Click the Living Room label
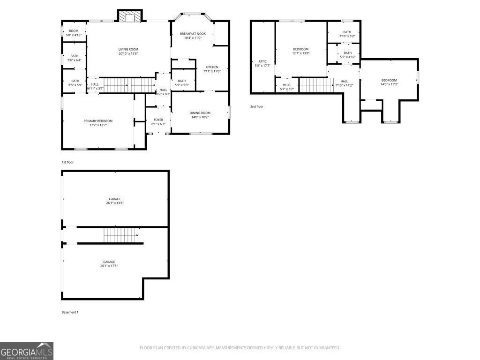coord(128,49)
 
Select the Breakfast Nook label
coord(193,34)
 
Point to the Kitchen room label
coord(211,67)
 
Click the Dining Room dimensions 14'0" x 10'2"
coord(200,117)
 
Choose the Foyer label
coord(158,120)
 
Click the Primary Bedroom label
coord(98,121)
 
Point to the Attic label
coord(262,61)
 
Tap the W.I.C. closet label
coord(287,85)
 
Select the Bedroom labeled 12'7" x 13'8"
coord(301,49)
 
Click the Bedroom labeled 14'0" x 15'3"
coord(389,80)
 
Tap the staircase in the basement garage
coord(122,235)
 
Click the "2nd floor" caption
coord(256,106)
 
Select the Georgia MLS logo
coord(27,351)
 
